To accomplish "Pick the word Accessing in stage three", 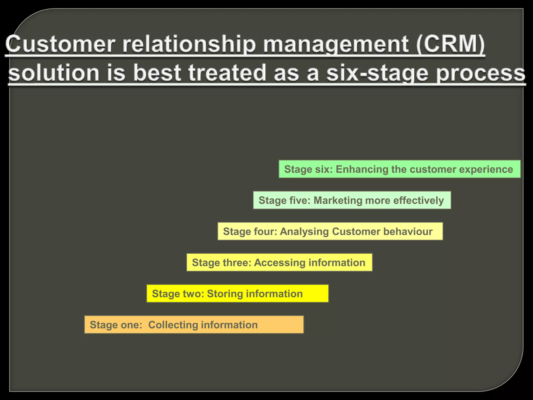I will click(x=280, y=262).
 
